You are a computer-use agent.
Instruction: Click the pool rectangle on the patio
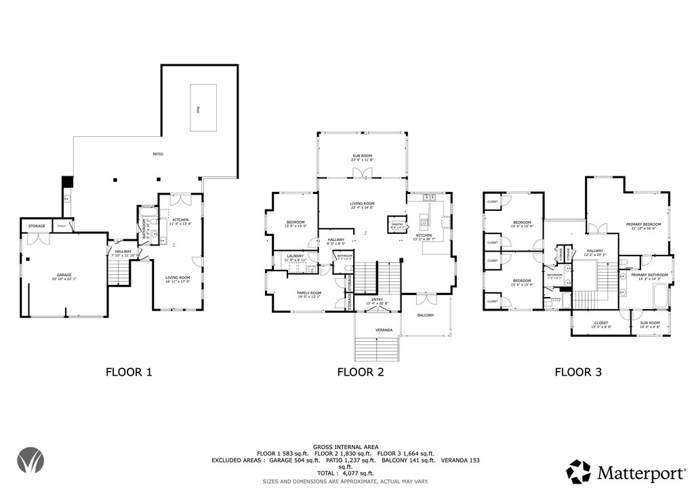[x=203, y=109]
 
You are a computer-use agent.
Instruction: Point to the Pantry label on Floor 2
[x=397, y=224]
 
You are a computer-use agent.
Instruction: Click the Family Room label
[x=308, y=294]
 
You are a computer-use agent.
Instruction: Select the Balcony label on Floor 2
[x=425, y=315]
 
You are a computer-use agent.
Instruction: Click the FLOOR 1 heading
[x=129, y=372]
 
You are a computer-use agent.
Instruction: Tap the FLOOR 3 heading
[x=578, y=372]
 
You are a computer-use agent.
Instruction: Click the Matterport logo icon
[x=578, y=471]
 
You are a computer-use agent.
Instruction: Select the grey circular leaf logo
[x=30, y=460]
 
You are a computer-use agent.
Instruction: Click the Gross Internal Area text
[x=346, y=447]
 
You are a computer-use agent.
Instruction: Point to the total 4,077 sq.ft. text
[x=346, y=473]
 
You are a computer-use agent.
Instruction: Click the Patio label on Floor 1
[x=157, y=154]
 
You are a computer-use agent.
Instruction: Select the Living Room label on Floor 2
[x=362, y=205]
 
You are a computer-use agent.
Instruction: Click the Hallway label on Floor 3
[x=595, y=252]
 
